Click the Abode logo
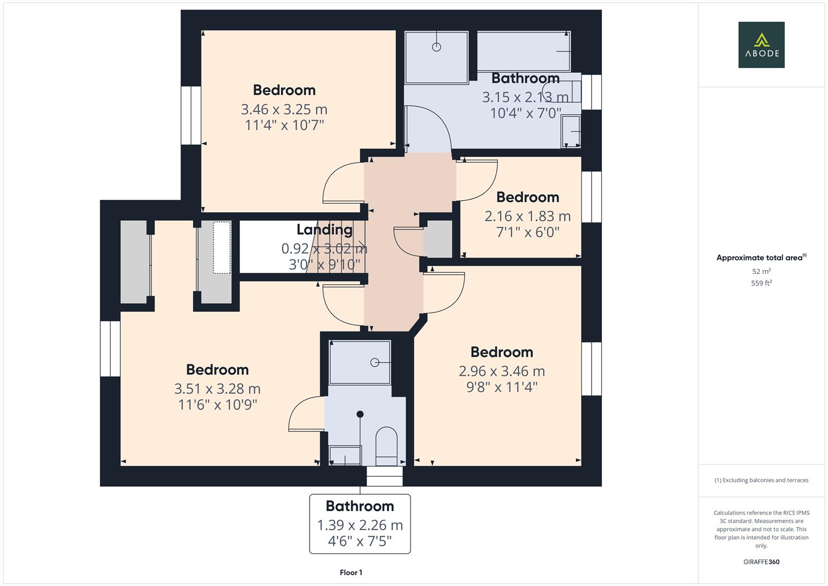[761, 45]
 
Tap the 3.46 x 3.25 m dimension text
[284, 110]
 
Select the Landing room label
[324, 230]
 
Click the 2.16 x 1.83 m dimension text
[527, 216]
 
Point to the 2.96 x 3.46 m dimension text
[502, 371]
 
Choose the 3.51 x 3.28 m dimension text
[217, 389]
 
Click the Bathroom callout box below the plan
[360, 524]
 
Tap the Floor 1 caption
[351, 572]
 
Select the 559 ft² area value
[761, 283]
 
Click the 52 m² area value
[761, 271]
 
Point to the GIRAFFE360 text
[761, 562]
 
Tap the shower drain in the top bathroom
[437, 47]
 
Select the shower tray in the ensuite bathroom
[360, 362]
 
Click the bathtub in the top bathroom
[523, 51]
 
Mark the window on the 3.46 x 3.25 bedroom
[191, 115]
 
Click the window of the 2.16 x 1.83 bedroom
[592, 197]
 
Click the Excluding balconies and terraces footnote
[761, 480]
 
